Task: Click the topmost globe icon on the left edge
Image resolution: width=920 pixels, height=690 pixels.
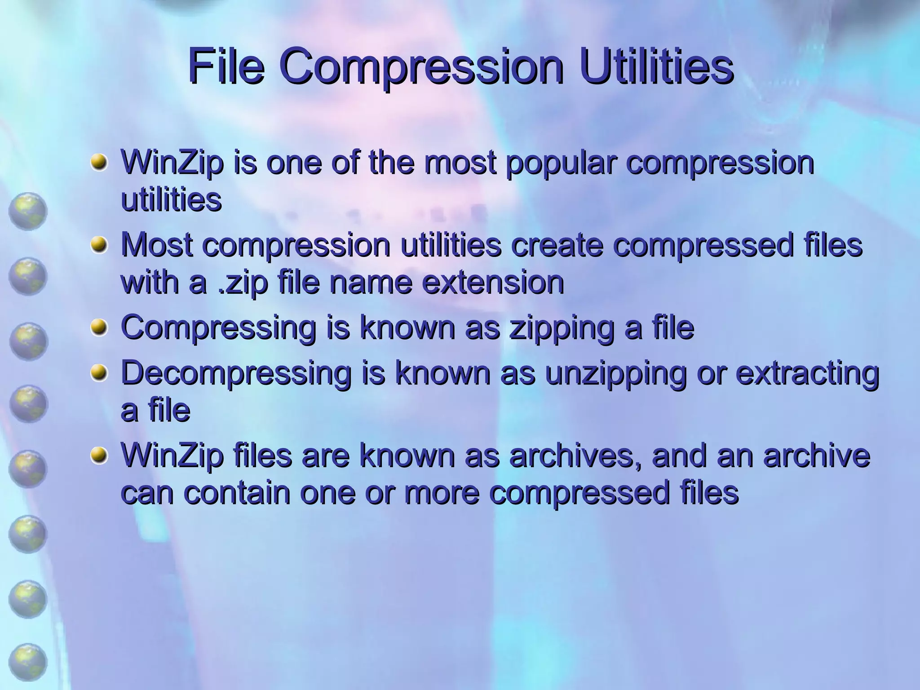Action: pyautogui.click(x=28, y=212)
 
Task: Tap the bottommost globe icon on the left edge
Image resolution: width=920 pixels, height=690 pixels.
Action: pyautogui.click(x=28, y=662)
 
